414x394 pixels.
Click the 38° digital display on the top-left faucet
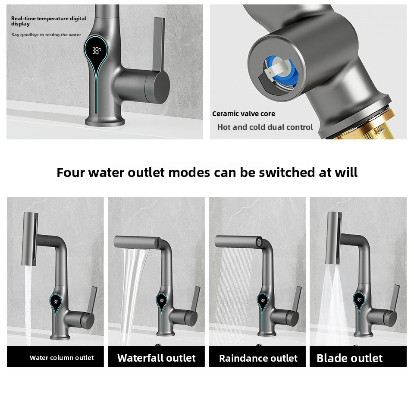pyautogui.click(x=96, y=50)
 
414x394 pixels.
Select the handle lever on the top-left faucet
pyautogui.click(x=158, y=44)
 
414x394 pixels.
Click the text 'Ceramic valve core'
pyautogui.click(x=243, y=114)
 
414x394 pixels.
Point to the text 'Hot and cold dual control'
pyautogui.click(x=265, y=127)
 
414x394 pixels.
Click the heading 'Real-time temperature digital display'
pyautogui.click(x=49, y=21)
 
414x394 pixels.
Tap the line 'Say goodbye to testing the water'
pyautogui.click(x=46, y=35)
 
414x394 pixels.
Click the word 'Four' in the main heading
pyautogui.click(x=70, y=172)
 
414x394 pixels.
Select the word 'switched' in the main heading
pyautogui.click(x=287, y=172)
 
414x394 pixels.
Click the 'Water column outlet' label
pyautogui.click(x=62, y=358)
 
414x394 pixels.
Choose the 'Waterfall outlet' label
pyautogui.click(x=156, y=358)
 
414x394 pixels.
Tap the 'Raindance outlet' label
pyautogui.click(x=258, y=358)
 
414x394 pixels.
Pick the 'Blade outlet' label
pyautogui.click(x=350, y=358)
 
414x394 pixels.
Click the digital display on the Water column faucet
pyautogui.click(x=56, y=302)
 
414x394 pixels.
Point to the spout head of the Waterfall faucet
pyautogui.click(x=137, y=242)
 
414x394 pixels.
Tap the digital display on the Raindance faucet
pyautogui.click(x=263, y=300)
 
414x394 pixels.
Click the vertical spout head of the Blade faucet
pyautogui.click(x=333, y=237)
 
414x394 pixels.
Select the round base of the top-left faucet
pyautogui.click(x=105, y=122)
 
